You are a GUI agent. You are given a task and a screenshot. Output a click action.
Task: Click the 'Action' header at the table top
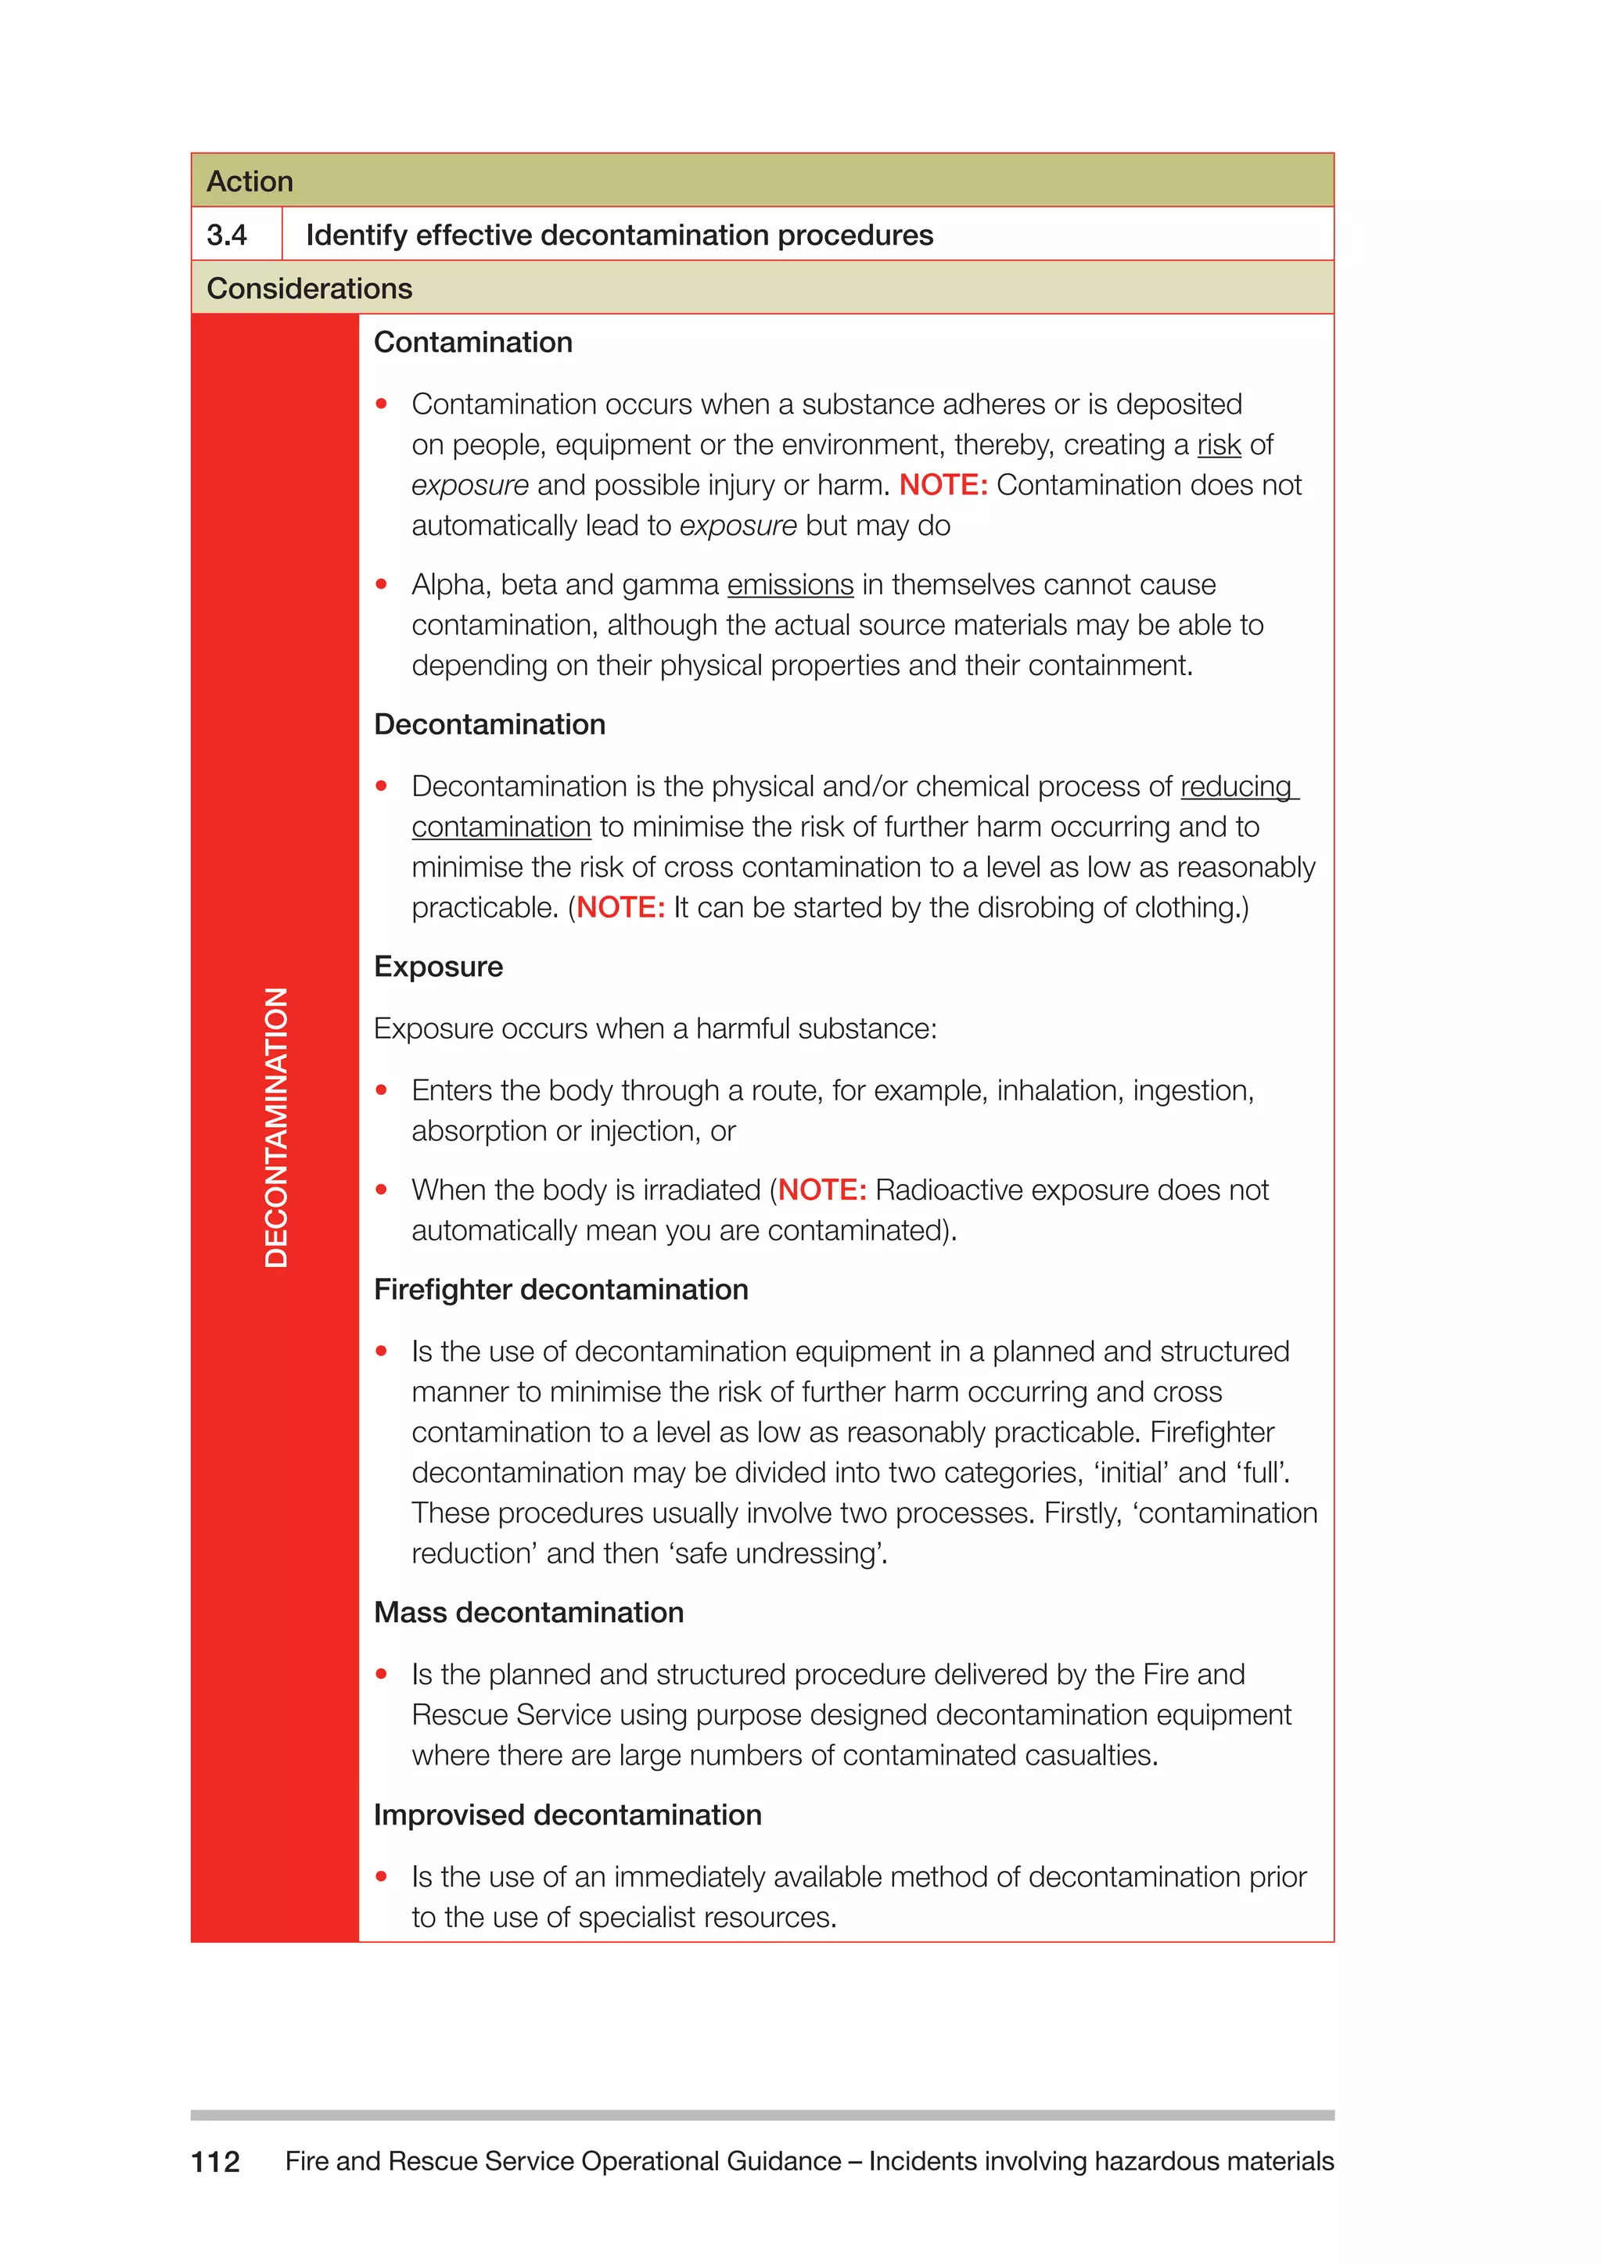(250, 181)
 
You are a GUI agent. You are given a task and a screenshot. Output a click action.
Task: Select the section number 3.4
(227, 235)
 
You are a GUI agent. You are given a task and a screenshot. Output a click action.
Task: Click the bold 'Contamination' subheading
(472, 343)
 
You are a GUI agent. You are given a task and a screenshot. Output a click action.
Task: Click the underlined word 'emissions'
(789, 585)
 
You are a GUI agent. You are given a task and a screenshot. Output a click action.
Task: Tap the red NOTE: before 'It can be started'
(620, 907)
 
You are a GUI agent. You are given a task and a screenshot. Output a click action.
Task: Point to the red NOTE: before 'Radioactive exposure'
(821, 1190)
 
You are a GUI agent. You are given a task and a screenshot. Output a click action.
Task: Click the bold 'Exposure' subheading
(438, 967)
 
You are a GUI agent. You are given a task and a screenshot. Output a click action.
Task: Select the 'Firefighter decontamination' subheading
(560, 1290)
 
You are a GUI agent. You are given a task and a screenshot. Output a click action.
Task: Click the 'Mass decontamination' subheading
(529, 1612)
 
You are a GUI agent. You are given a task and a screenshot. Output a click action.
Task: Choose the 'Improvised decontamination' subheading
(567, 1815)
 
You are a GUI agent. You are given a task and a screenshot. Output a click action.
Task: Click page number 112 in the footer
(215, 2162)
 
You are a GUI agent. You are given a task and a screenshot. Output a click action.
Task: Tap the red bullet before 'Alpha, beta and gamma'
(382, 585)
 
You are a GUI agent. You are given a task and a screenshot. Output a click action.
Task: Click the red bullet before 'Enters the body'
(382, 1090)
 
